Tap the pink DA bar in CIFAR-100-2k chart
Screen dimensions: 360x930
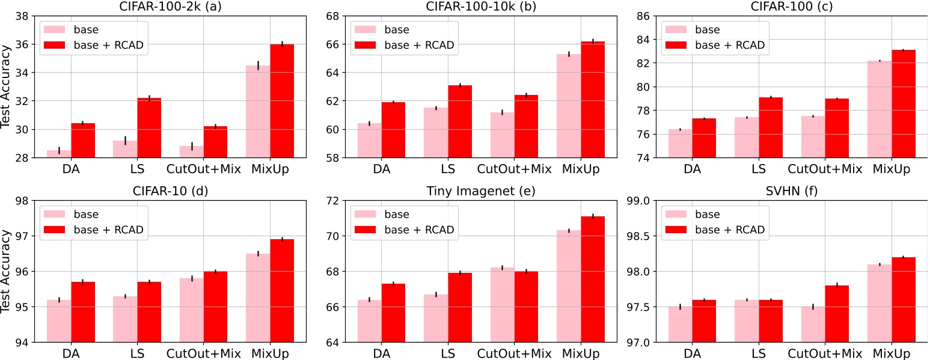(59, 154)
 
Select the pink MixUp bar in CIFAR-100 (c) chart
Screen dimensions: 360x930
(880, 109)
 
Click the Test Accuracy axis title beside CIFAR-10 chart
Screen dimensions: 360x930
(7, 272)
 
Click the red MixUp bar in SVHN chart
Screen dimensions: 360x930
(903, 299)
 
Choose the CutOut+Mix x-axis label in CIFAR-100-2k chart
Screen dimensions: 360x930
(203, 169)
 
